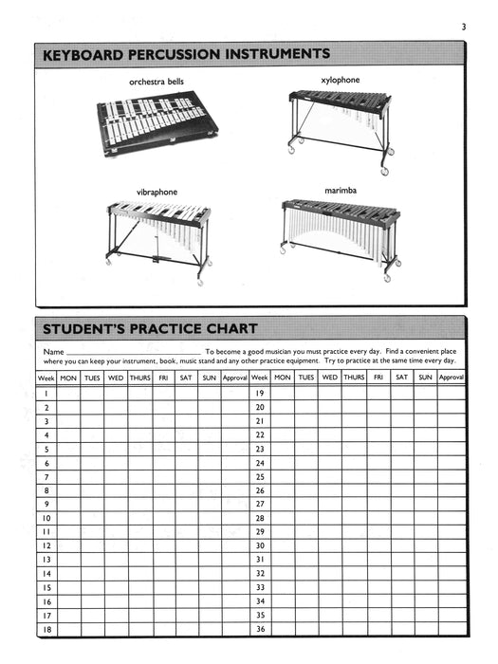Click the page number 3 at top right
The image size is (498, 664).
464,27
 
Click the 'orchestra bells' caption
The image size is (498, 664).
157,83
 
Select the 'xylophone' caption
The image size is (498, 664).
341,81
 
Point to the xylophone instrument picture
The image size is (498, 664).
339,120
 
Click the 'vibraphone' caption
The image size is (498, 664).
157,192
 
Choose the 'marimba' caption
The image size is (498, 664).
341,191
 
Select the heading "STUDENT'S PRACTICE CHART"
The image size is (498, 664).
150,329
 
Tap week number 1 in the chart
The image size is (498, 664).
46,392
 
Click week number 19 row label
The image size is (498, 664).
260,392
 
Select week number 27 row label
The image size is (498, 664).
260,504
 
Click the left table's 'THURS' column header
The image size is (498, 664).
139,378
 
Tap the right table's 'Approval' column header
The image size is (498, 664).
451,378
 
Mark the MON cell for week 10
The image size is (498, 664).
69,519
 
